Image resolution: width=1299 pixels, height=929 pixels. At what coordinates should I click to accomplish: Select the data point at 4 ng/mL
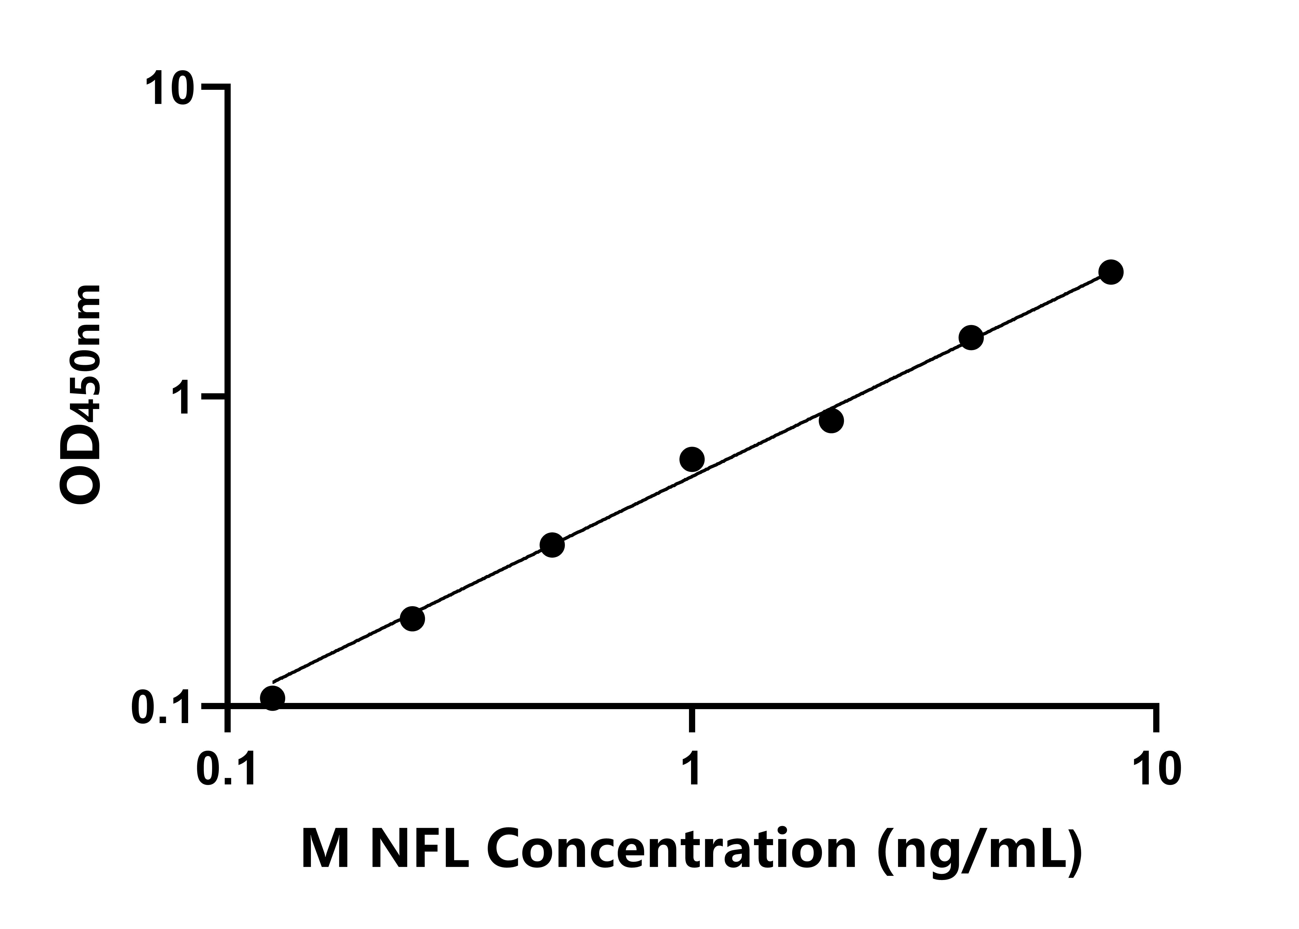(971, 338)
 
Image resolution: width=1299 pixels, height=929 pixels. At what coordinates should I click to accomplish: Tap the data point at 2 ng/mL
(831, 421)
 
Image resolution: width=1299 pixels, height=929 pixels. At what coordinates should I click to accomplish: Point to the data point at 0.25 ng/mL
(412, 618)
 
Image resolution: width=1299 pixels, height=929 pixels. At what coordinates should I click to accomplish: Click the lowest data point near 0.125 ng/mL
(272, 698)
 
